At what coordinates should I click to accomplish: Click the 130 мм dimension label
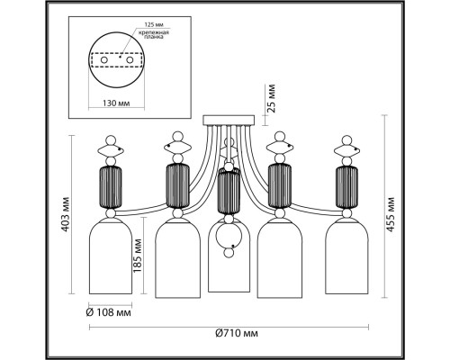[116, 103]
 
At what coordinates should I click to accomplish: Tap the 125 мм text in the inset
[154, 24]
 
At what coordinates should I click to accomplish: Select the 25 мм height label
[271, 98]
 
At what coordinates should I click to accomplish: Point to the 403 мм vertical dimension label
[65, 214]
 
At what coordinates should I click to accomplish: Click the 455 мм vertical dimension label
[390, 214]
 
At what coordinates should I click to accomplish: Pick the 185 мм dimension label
[138, 256]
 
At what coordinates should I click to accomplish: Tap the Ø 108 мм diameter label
[109, 313]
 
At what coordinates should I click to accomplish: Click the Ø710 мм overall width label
[237, 333]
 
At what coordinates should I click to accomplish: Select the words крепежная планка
[153, 34]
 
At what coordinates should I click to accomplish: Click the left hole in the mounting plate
[103, 60]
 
